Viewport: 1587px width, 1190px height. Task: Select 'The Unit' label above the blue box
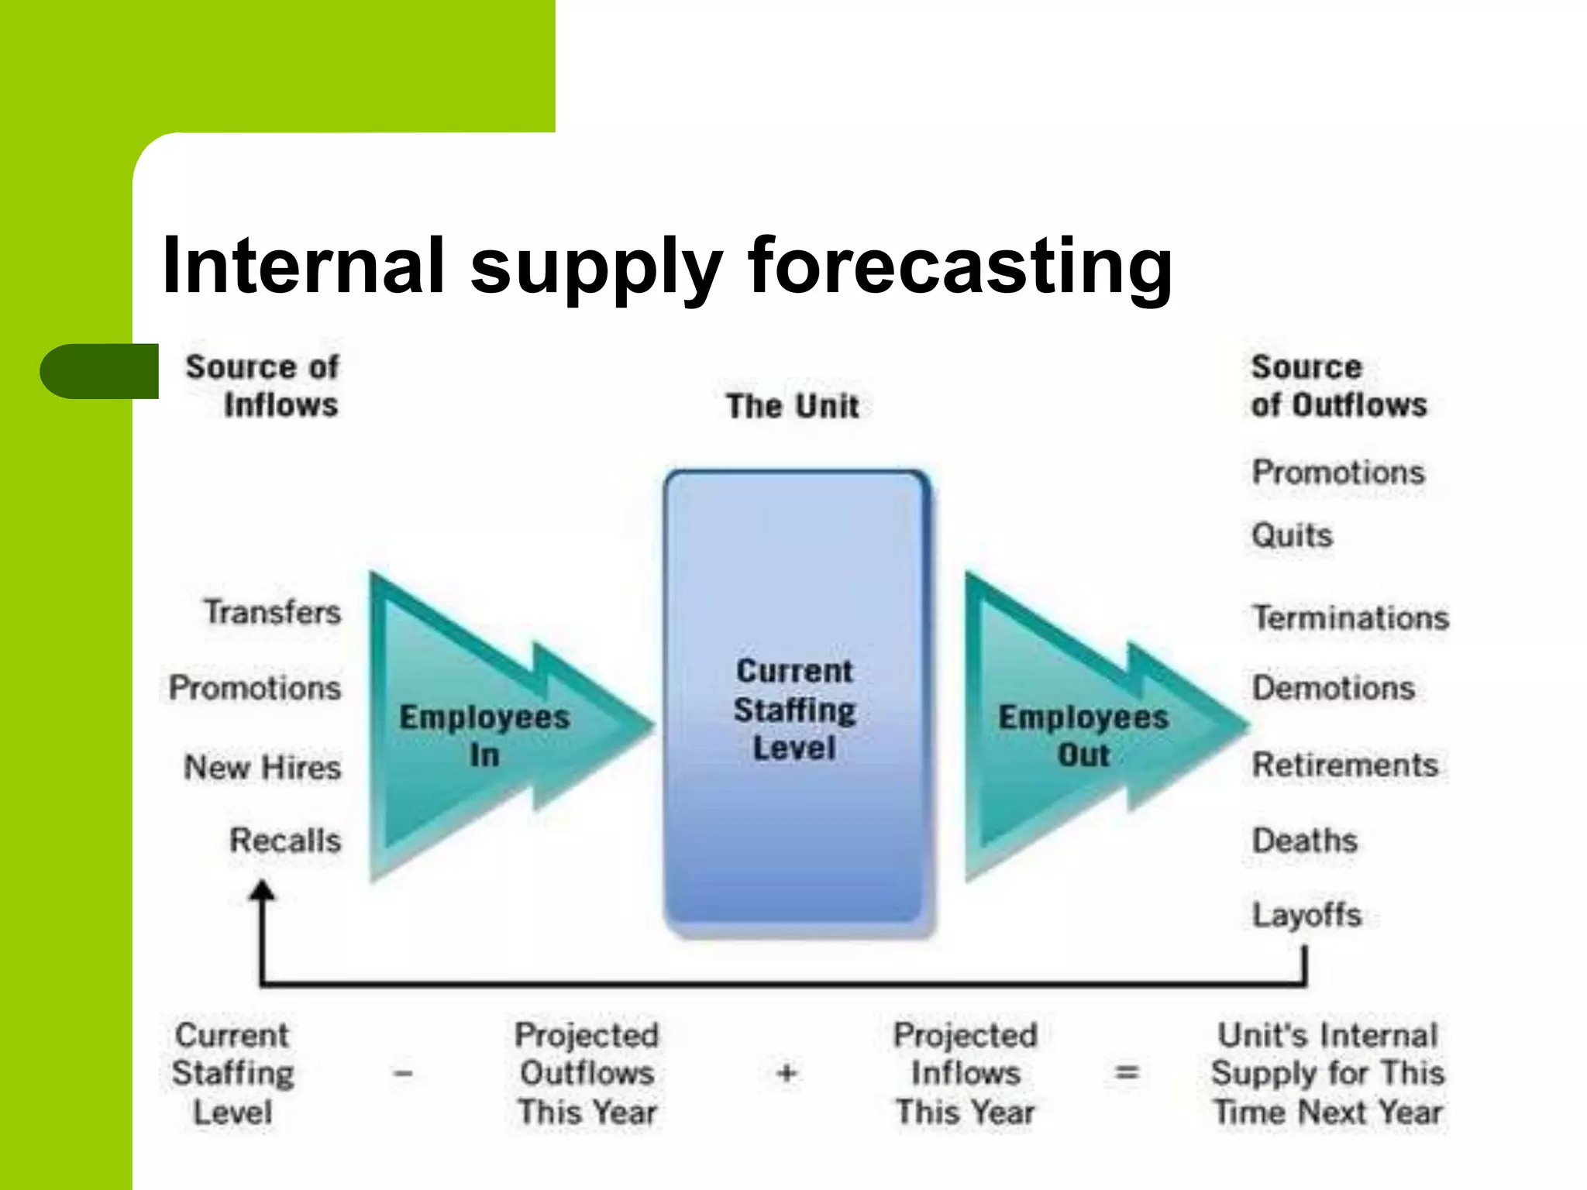[792, 406]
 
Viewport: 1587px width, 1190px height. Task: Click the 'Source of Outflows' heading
[1338, 386]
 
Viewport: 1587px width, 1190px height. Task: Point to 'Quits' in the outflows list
[1292, 535]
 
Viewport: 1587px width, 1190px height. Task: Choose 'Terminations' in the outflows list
[1351, 618]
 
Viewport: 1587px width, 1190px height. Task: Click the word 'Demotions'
[1334, 688]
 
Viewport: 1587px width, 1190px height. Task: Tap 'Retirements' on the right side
[1345, 765]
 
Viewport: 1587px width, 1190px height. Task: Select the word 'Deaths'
[1305, 841]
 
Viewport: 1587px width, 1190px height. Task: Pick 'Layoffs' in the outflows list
[1307, 915]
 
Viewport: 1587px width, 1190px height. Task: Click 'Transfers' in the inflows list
[273, 612]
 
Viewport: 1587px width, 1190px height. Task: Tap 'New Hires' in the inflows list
[263, 767]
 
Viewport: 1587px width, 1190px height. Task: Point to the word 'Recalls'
[285, 841]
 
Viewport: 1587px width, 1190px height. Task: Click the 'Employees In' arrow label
[484, 734]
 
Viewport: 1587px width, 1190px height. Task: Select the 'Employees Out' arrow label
[1083, 734]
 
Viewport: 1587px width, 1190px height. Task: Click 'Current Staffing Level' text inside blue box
[795, 709]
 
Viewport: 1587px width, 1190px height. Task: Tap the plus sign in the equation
[787, 1074]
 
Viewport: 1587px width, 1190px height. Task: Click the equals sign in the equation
[1127, 1074]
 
